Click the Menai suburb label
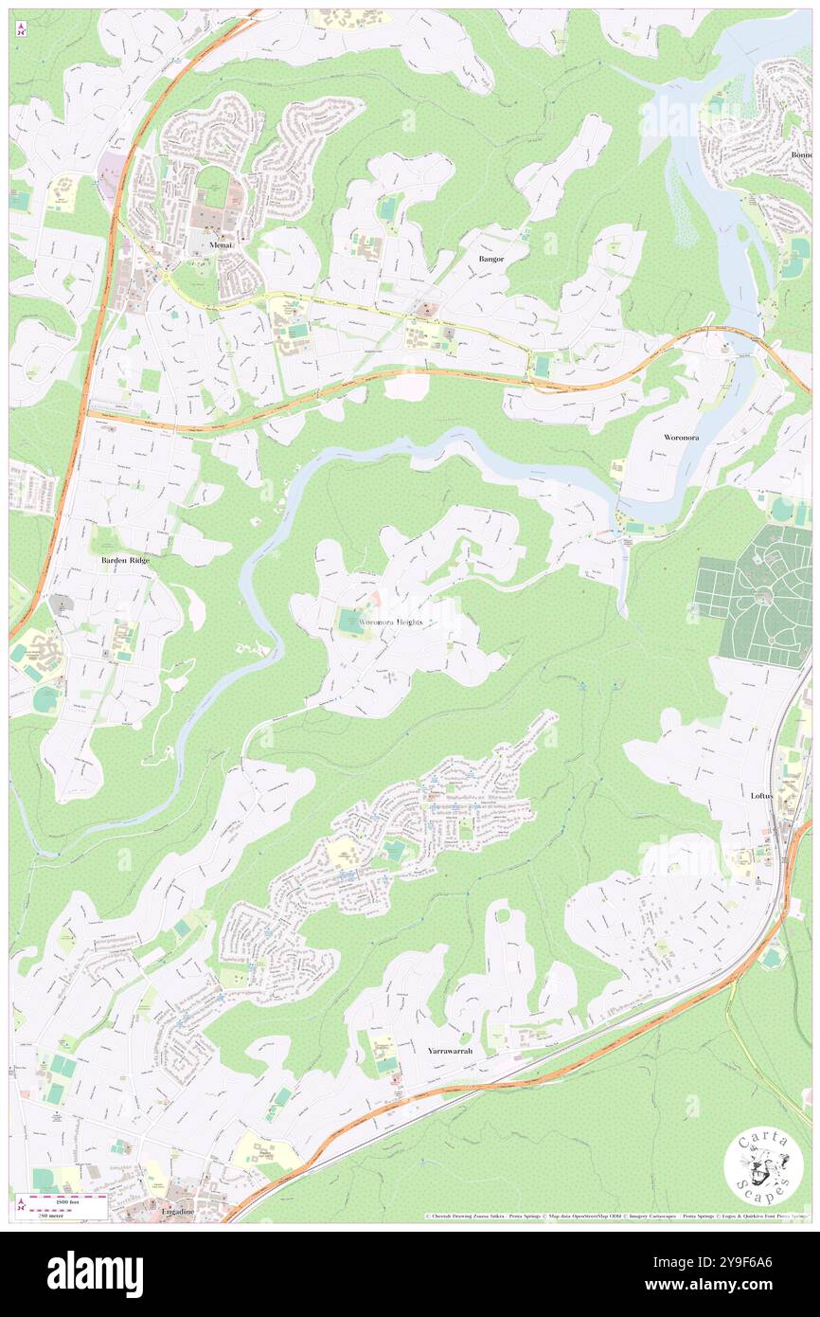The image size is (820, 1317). [222, 244]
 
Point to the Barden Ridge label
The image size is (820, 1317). [124, 560]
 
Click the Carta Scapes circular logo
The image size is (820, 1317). [762, 1167]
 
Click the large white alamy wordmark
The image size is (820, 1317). [95, 1273]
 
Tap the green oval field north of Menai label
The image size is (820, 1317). [213, 180]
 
